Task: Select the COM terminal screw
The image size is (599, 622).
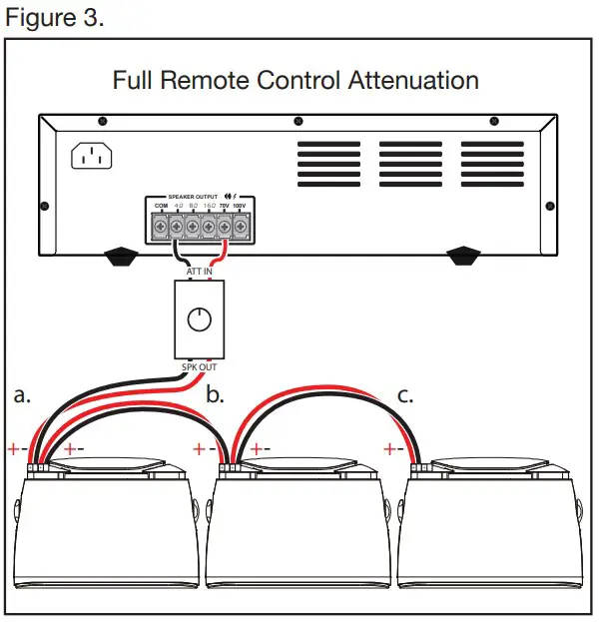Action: point(161,227)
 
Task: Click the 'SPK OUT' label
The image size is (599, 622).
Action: point(201,366)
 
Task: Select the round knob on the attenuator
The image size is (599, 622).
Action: point(201,319)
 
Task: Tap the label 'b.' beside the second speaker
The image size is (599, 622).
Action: point(215,394)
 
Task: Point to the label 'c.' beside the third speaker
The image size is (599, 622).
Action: point(405,394)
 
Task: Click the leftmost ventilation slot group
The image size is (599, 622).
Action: point(327,163)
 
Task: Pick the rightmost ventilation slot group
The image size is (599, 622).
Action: point(491,163)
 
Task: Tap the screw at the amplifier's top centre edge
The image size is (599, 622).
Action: point(298,122)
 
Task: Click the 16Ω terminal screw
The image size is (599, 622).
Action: point(208,227)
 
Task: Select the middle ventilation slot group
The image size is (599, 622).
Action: point(409,163)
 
